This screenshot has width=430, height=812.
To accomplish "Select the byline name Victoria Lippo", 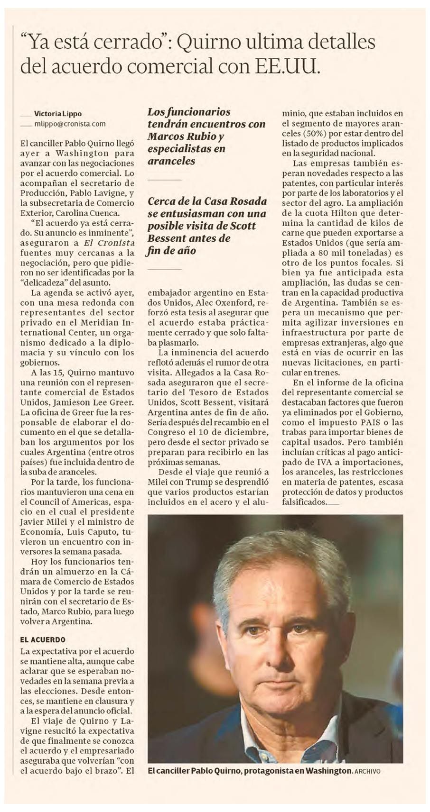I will point(58,113).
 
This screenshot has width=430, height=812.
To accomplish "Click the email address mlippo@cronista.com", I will point(70,124).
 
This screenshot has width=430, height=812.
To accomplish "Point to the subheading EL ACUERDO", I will point(43,639).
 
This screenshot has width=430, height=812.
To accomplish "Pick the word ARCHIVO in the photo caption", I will point(367,771).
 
